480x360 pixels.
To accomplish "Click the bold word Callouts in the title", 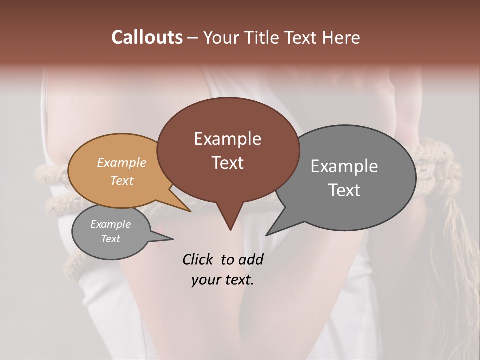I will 147,37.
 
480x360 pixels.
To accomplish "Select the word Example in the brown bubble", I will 227,139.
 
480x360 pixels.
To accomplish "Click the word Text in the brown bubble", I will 227,163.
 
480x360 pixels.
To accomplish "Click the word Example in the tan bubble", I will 122,162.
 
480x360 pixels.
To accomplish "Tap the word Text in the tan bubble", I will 122,180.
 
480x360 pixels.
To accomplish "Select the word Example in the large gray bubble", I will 344,166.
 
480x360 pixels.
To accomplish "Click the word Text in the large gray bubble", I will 344,190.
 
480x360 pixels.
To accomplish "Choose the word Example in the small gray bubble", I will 110,224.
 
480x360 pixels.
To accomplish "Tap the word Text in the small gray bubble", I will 110,239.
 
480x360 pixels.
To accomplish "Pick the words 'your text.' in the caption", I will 222,280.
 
